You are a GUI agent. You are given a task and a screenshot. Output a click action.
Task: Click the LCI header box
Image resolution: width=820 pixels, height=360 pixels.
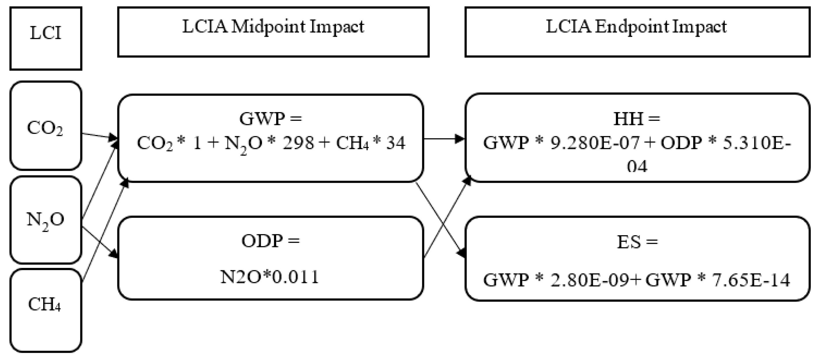pyautogui.click(x=45, y=38)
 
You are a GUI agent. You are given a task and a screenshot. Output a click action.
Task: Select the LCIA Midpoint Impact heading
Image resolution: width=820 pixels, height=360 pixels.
pyautogui.click(x=273, y=27)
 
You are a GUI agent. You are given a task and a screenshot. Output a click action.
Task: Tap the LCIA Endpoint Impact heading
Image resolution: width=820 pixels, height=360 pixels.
pyautogui.click(x=636, y=27)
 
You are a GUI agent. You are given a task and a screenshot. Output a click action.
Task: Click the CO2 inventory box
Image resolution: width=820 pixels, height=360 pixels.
pyautogui.click(x=45, y=127)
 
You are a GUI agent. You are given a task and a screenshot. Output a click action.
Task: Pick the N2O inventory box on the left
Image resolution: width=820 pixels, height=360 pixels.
pyautogui.click(x=45, y=220)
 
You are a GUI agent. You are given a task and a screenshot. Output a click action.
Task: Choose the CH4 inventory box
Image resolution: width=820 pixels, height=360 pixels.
pyautogui.click(x=45, y=306)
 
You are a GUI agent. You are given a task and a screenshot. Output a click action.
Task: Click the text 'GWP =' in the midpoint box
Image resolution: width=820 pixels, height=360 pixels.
pyautogui.click(x=270, y=119)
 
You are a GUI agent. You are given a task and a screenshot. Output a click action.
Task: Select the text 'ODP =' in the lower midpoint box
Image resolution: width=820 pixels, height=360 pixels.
pyautogui.click(x=270, y=241)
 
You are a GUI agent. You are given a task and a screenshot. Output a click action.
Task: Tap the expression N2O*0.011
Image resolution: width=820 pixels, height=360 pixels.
pyautogui.click(x=270, y=277)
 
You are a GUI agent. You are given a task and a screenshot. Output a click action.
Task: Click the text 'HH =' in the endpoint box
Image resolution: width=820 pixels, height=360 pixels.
pyautogui.click(x=636, y=119)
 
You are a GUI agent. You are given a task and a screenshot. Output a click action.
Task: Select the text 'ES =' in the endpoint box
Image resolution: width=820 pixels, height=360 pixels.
pyautogui.click(x=637, y=242)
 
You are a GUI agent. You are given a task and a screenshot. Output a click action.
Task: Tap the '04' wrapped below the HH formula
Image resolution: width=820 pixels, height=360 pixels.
pyautogui.click(x=637, y=167)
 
